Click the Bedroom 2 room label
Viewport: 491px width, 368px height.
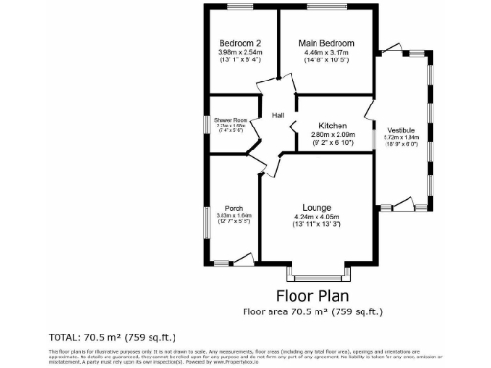[240, 44]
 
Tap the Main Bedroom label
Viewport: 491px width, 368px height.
[326, 44]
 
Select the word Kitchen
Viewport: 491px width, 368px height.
[332, 126]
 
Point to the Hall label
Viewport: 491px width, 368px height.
[278, 116]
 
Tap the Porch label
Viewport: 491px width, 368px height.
[233, 208]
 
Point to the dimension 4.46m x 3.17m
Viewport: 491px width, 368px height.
[326, 54]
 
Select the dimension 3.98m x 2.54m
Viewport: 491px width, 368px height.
[240, 54]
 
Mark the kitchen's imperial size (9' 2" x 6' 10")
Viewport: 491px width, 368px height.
[332, 143]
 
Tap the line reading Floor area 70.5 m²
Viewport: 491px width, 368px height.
[313, 311]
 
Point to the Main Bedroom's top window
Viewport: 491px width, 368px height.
[326, 8]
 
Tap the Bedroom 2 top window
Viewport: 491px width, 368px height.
[240, 8]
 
